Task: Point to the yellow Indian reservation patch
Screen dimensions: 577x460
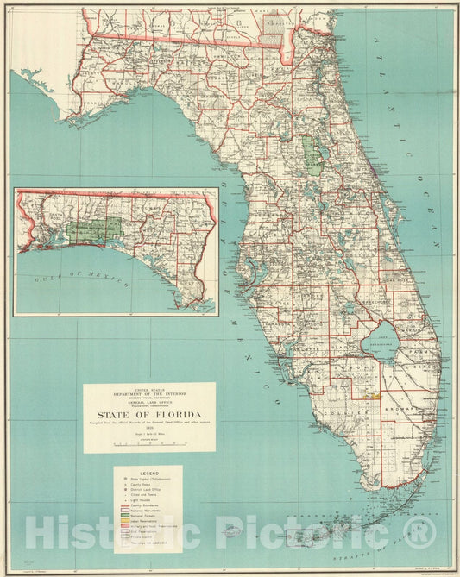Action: click(x=376, y=397)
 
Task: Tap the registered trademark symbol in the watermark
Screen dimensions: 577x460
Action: click(x=420, y=532)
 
